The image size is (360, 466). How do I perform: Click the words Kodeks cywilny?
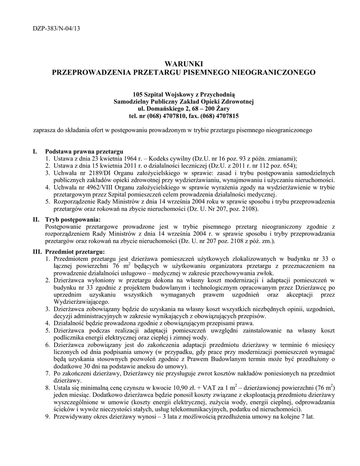tap(171, 158)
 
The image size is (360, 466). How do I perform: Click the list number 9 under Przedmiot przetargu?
tap(48, 416)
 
